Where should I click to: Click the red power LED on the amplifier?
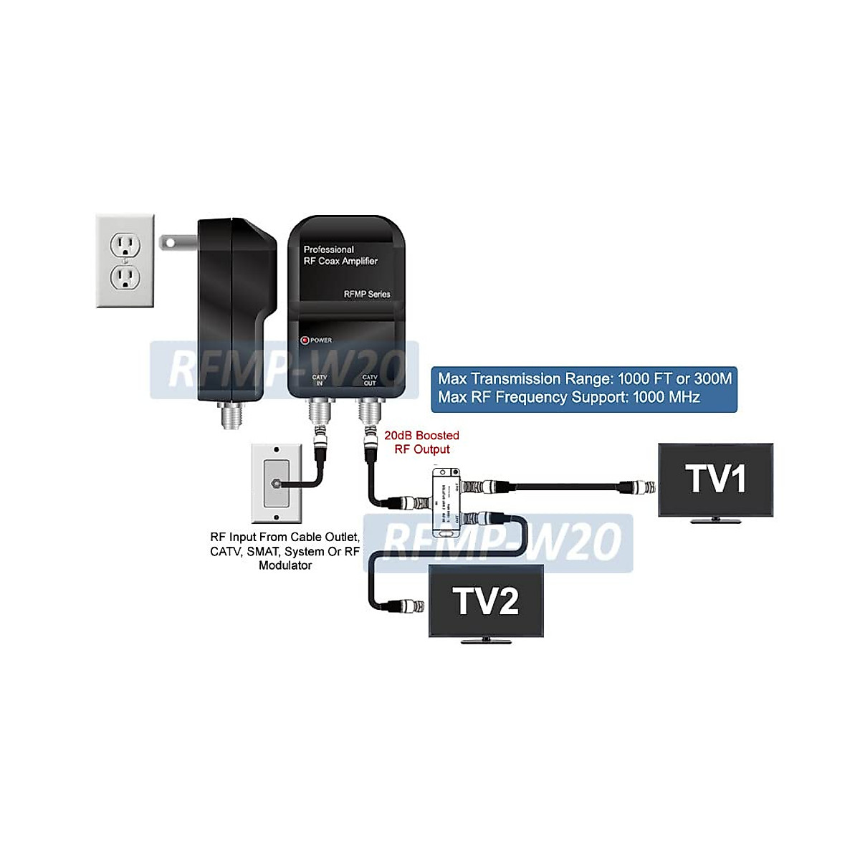(x=305, y=340)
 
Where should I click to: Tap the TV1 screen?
(x=715, y=479)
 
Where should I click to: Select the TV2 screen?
(x=486, y=601)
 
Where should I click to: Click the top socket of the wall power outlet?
(x=125, y=246)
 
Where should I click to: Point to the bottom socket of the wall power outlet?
(x=125, y=277)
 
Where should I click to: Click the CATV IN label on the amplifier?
(x=320, y=380)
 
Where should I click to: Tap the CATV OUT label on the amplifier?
(x=370, y=380)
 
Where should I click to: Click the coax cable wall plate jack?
(x=276, y=484)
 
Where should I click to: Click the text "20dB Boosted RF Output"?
(x=421, y=442)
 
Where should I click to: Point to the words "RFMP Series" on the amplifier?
(x=367, y=294)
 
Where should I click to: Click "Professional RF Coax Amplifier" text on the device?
(x=340, y=255)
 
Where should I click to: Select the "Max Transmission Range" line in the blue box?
(x=585, y=378)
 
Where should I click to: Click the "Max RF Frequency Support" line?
(x=569, y=397)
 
